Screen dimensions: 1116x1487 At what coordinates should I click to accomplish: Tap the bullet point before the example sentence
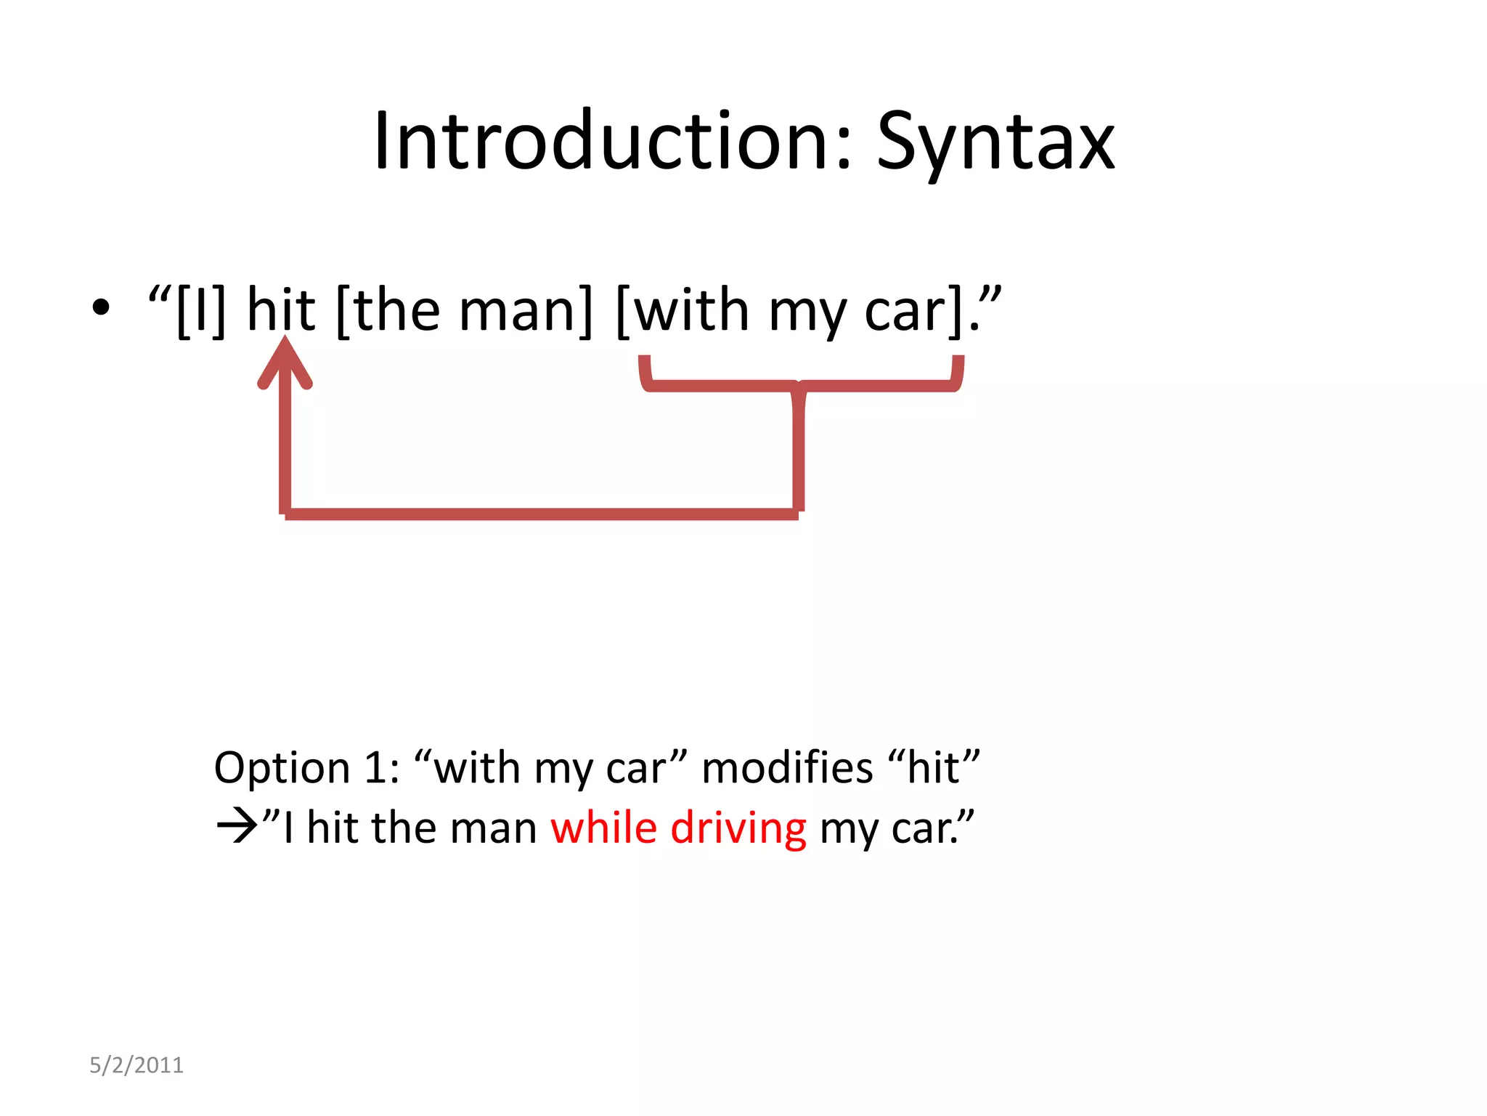(101, 307)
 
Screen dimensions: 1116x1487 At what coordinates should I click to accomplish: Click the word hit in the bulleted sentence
(281, 310)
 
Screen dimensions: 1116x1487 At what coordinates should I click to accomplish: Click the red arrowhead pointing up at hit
(285, 363)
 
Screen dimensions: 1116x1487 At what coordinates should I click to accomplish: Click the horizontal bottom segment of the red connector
(541, 514)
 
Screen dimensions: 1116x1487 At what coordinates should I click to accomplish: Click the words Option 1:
(306, 767)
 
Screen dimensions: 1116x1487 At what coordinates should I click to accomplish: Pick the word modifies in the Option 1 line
(787, 767)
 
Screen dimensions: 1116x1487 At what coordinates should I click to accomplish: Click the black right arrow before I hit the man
(237, 828)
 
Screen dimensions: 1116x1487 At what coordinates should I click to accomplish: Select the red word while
(603, 828)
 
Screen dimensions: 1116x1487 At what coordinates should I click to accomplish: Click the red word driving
(738, 829)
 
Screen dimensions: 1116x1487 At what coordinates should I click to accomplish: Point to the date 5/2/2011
(137, 1065)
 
